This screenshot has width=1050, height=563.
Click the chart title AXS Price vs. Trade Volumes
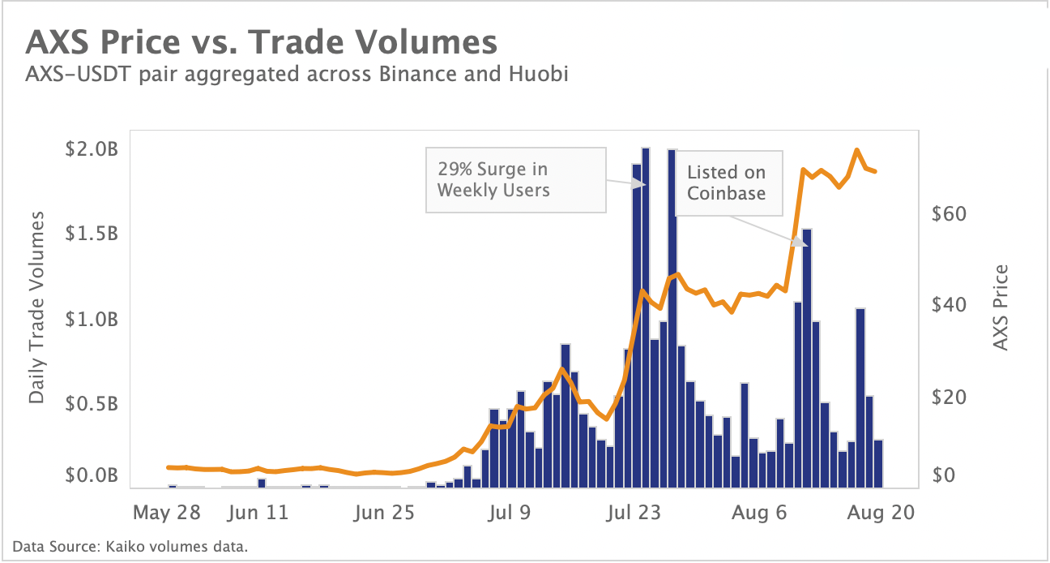(262, 42)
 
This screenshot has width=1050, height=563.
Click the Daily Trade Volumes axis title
(37, 306)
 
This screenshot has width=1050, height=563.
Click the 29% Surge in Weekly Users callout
(516, 179)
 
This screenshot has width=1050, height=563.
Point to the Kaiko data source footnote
(130, 546)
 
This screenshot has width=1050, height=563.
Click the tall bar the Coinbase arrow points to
(807, 357)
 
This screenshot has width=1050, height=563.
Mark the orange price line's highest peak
(856, 151)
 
